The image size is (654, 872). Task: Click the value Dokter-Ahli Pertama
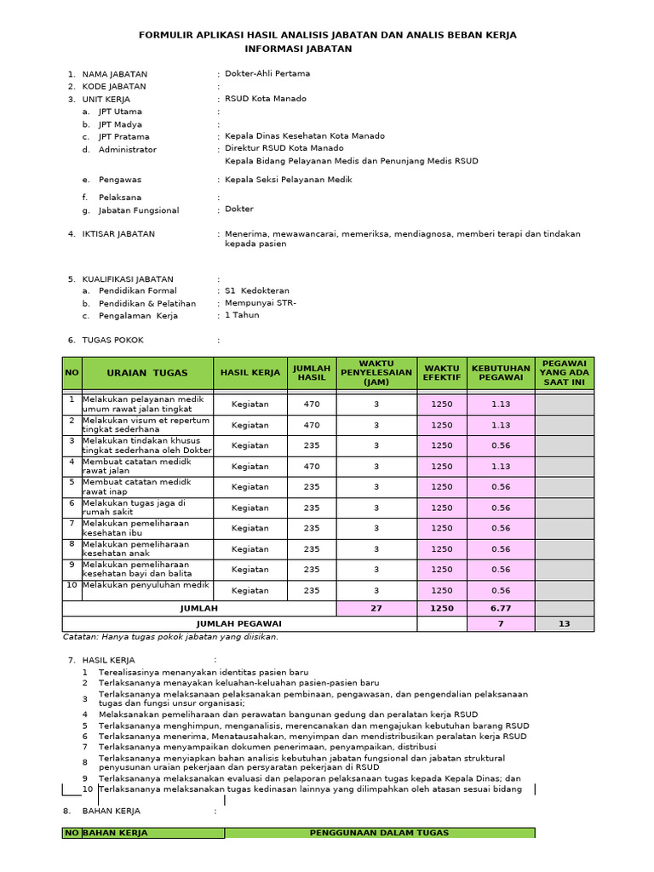[x=267, y=73]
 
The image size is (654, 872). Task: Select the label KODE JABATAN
[x=113, y=86]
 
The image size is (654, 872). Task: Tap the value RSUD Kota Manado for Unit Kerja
[x=265, y=99]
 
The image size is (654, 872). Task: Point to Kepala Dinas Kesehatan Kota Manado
[x=304, y=135]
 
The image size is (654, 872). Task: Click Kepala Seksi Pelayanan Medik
[x=288, y=180]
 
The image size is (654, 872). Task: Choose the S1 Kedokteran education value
[x=256, y=290]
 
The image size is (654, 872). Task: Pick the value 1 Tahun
[x=242, y=315]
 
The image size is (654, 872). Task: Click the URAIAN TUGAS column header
[x=147, y=373]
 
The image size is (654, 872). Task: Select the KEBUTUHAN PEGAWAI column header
[x=500, y=373]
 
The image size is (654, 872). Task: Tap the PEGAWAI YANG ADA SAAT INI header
[x=564, y=373]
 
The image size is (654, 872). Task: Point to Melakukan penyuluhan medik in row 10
[x=146, y=585]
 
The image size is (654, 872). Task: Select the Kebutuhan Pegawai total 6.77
[x=500, y=609]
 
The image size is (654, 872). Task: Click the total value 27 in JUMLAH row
[x=376, y=609]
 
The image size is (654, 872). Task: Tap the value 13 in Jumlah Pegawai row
[x=564, y=624]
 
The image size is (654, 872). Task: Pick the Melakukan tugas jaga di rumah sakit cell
[x=134, y=508]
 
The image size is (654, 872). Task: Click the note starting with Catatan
[x=170, y=636]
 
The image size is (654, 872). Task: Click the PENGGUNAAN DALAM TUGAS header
[x=379, y=833]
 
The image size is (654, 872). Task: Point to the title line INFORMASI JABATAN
[x=298, y=49]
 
